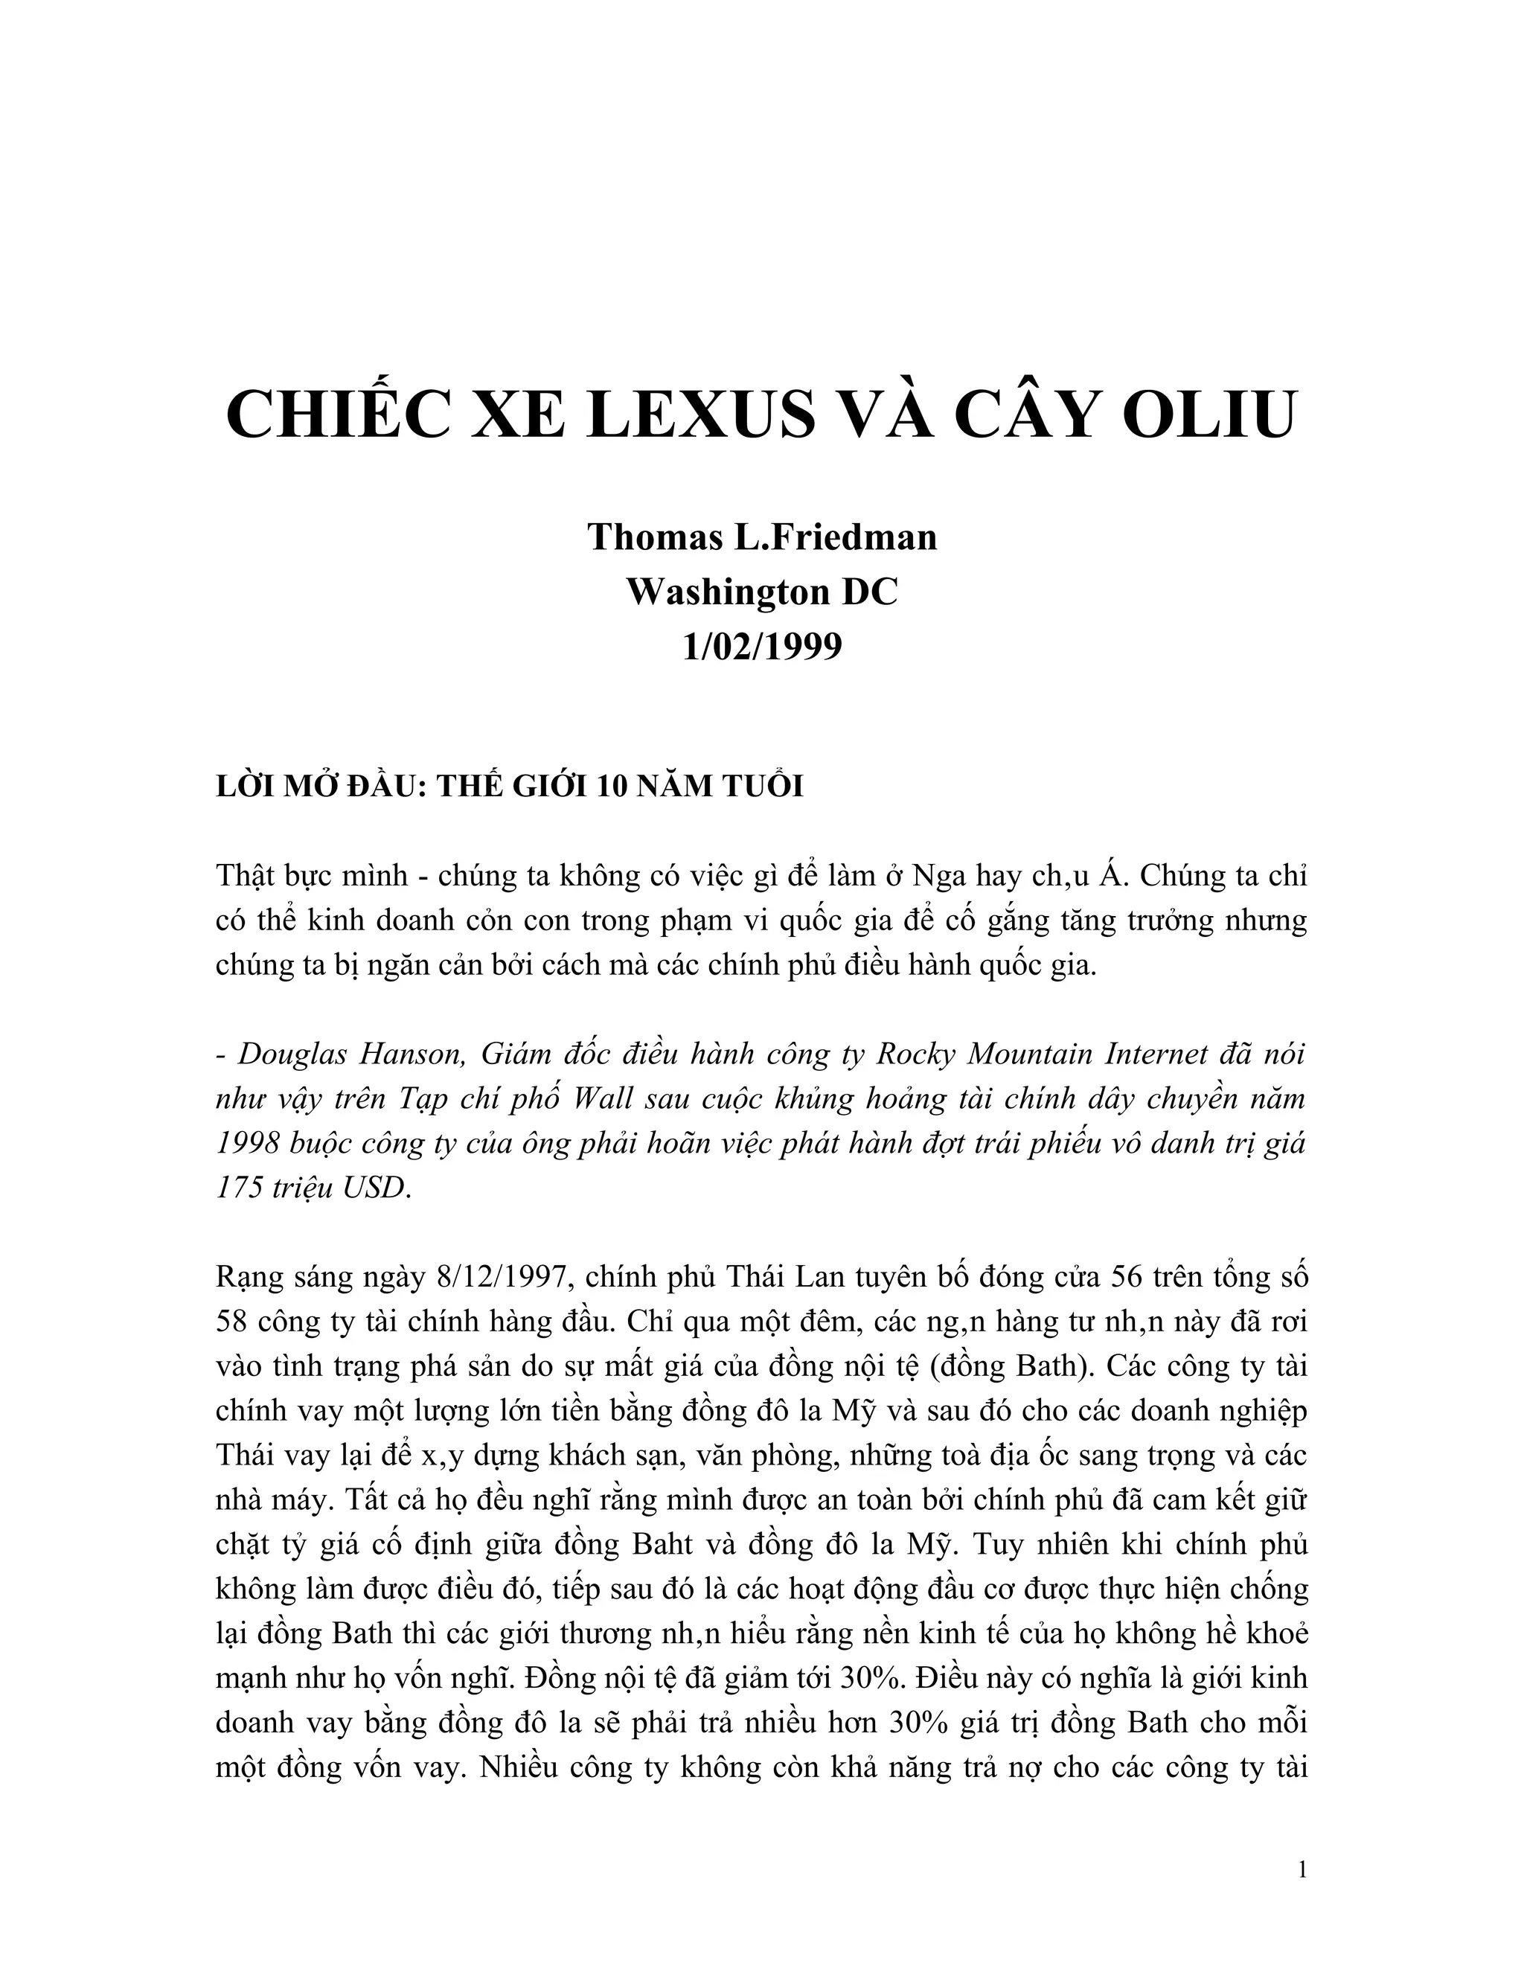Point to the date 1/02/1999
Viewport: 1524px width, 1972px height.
pos(762,647)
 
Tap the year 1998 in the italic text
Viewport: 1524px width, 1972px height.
pos(246,1143)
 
